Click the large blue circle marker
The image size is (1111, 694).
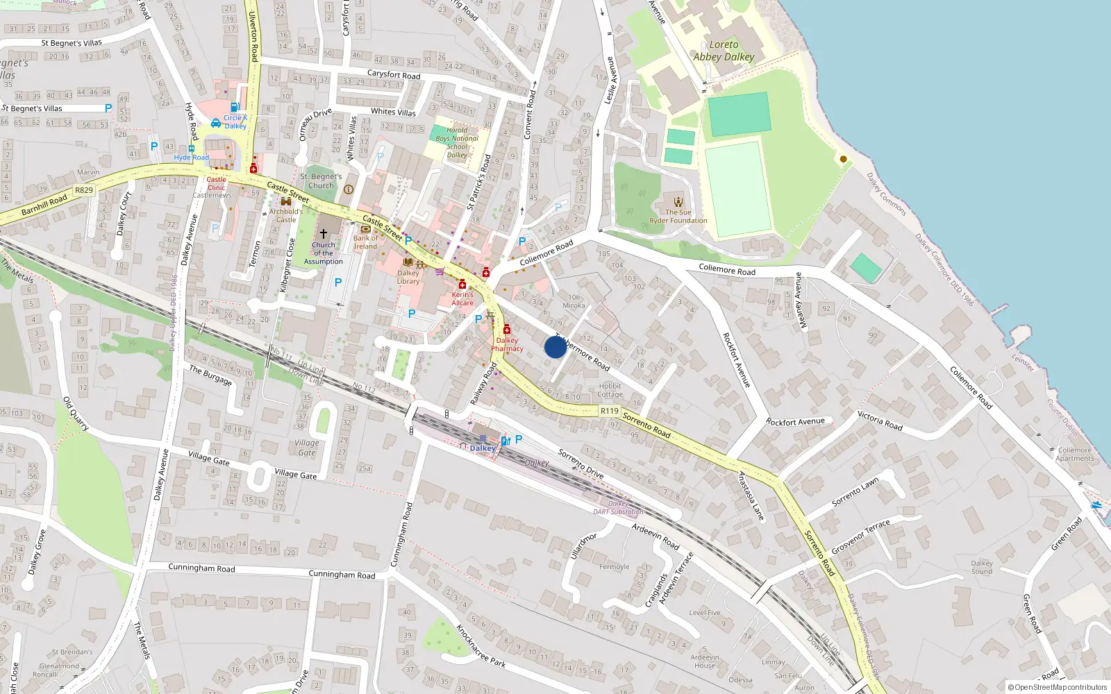[x=555, y=347]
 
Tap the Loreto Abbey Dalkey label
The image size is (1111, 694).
[x=724, y=51]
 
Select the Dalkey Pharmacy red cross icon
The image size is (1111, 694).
[x=507, y=330]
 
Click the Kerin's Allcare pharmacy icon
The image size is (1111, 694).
[x=462, y=285]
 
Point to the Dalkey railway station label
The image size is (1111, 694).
[x=483, y=448]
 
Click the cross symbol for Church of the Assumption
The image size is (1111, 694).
[x=323, y=234]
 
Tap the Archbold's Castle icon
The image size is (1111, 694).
[x=285, y=202]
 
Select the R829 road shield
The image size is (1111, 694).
[x=84, y=190]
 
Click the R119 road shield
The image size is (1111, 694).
[x=609, y=411]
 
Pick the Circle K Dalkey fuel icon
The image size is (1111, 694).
[x=235, y=108]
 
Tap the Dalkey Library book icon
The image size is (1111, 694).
[x=408, y=262]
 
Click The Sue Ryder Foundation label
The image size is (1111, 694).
[x=678, y=216]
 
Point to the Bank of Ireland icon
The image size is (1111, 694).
[x=365, y=229]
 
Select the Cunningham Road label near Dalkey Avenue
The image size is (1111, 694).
[x=201, y=568]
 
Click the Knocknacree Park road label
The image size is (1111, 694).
[x=481, y=646]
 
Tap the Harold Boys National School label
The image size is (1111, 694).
[x=457, y=142]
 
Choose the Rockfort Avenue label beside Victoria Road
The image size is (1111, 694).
[x=795, y=422]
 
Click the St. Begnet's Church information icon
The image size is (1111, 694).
[x=349, y=189]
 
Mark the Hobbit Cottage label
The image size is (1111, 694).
[x=610, y=390]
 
